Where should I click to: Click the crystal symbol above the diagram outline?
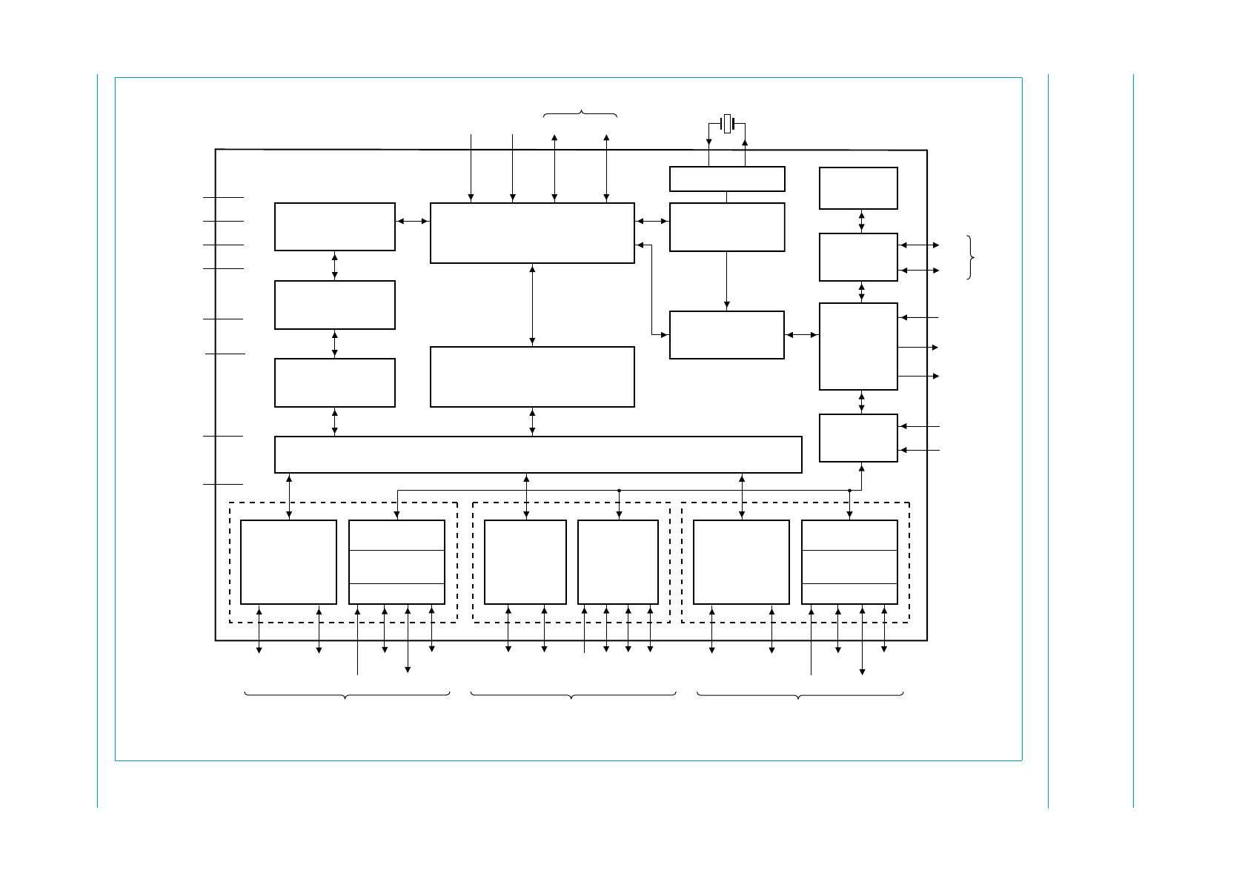click(727, 124)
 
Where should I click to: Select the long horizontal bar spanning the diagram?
click(538, 454)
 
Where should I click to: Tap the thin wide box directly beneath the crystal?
click(727, 179)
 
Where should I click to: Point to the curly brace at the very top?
click(580, 113)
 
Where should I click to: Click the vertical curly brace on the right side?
click(971, 257)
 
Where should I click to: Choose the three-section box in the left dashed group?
click(396, 562)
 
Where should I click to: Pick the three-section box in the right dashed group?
click(849, 562)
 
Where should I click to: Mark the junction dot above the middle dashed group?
click(619, 490)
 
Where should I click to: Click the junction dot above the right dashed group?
click(849, 490)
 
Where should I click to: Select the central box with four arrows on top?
click(532, 233)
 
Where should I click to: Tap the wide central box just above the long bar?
click(532, 377)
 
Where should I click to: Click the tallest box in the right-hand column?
click(858, 346)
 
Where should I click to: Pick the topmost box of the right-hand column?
click(858, 188)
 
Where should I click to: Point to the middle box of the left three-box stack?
click(334, 305)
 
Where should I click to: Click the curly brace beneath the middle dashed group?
click(573, 695)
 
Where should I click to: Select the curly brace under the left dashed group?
click(347, 695)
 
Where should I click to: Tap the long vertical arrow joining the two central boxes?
click(532, 305)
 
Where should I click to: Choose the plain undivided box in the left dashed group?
click(288, 562)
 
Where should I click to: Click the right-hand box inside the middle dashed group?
click(618, 562)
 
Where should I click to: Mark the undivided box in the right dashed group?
click(741, 562)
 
